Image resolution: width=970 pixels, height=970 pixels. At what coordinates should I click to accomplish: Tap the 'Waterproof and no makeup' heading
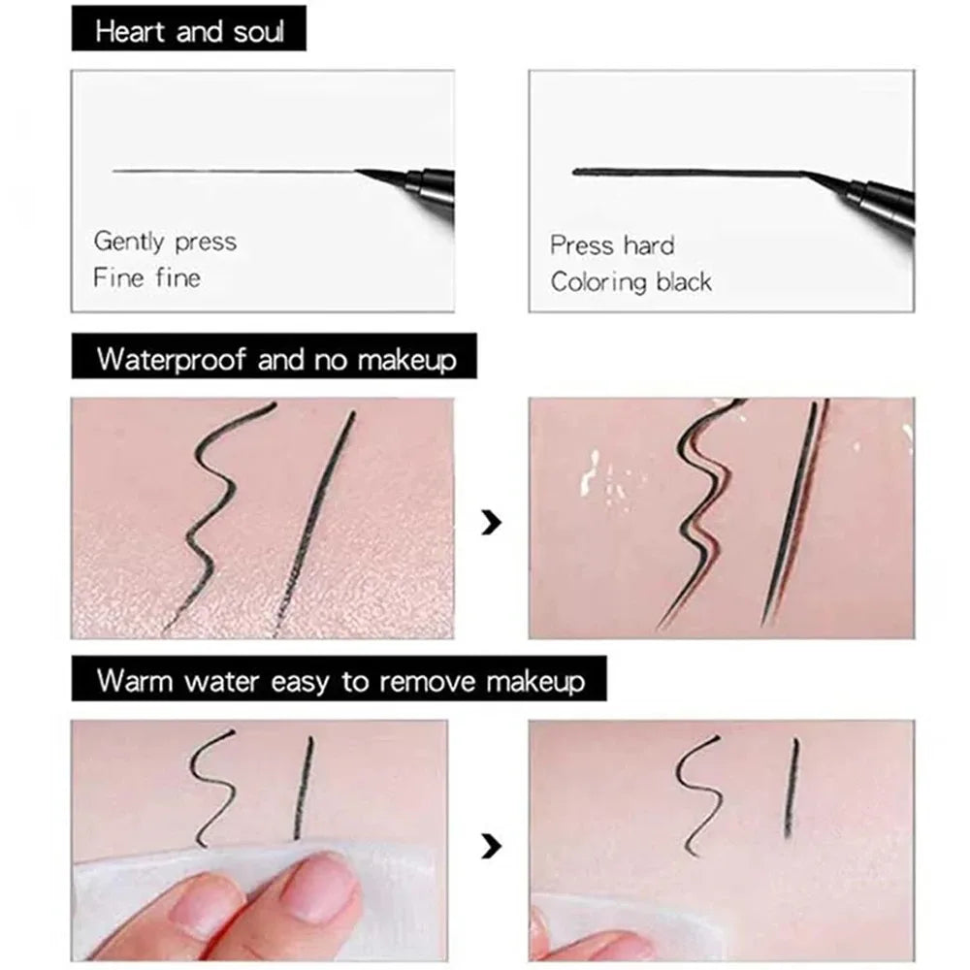(x=275, y=360)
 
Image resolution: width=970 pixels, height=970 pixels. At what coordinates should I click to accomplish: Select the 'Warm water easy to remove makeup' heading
(x=340, y=680)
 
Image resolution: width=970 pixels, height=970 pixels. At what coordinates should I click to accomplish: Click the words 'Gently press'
(x=165, y=241)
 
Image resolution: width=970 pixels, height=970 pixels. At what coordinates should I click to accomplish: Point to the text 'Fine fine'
(x=146, y=277)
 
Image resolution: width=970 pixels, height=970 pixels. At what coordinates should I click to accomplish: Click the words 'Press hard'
(x=611, y=244)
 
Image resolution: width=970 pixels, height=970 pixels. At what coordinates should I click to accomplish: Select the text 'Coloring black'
(x=630, y=282)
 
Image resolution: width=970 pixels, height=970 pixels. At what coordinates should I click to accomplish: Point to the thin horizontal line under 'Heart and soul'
(x=233, y=172)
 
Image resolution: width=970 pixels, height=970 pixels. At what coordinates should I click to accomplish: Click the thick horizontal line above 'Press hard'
(x=679, y=173)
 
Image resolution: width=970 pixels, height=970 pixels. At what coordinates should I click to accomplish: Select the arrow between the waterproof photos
(x=492, y=524)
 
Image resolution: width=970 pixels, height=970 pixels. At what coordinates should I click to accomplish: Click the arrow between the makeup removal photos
(x=492, y=846)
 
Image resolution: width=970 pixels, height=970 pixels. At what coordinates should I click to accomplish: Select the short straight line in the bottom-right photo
(x=791, y=788)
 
